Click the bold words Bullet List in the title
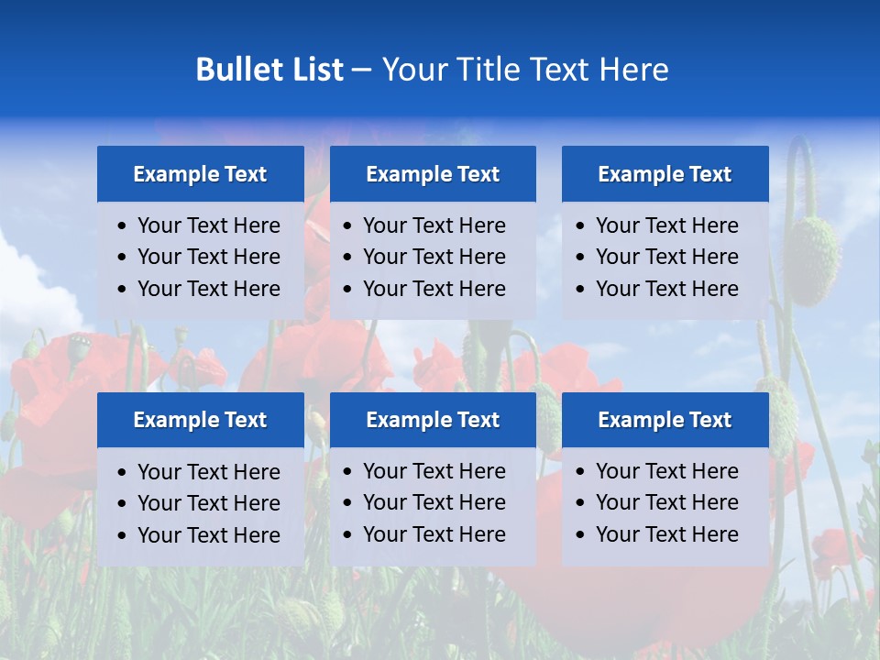269,70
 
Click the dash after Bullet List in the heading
361,70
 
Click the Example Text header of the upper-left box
200,174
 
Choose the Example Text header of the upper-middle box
433,174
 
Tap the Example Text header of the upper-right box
665,174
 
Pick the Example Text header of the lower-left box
200,420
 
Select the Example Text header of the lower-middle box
433,420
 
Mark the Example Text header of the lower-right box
665,420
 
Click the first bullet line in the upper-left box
208,225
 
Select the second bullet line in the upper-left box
208,257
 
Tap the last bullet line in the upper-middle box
434,289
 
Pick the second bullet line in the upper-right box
666,257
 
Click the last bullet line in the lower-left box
208,535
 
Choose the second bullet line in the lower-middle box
434,502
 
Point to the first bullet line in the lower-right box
666,471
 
